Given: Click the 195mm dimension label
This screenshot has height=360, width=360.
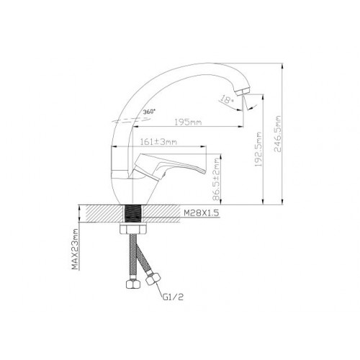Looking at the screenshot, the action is (x=188, y=122).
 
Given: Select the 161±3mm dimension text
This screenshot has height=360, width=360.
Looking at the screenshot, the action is (x=158, y=142).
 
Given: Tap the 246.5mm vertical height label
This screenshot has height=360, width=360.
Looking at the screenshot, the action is (x=277, y=134).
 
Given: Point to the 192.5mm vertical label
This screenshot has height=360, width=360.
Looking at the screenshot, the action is (x=258, y=149).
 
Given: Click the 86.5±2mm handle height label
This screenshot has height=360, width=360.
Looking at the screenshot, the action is (x=216, y=179).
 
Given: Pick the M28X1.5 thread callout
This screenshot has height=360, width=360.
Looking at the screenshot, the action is (x=202, y=213).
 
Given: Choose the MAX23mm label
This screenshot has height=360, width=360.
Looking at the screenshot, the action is (x=75, y=249).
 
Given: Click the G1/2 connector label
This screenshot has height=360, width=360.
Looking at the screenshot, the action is (x=173, y=297).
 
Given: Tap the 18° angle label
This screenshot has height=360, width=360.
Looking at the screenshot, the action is (x=227, y=99).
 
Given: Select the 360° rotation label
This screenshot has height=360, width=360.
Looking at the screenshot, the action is (x=149, y=112).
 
